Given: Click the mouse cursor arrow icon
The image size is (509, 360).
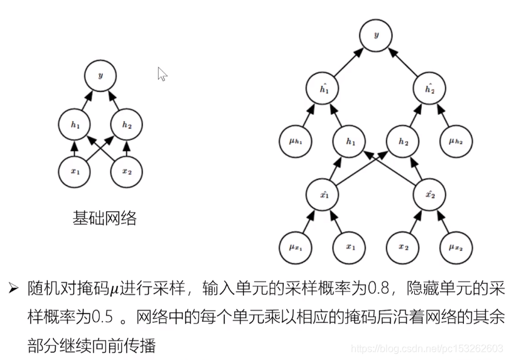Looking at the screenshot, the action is pos(162,74).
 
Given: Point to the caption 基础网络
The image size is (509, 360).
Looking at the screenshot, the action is pos(105,218).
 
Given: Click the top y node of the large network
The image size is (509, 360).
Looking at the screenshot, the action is pos(377,36).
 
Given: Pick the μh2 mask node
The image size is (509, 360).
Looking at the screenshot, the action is pos(456,142).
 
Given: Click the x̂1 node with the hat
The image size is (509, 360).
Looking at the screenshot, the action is pos(323,194).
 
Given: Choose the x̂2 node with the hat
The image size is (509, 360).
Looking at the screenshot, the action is pos(429,194).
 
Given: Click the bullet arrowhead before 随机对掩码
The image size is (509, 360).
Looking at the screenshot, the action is pos(13,289).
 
